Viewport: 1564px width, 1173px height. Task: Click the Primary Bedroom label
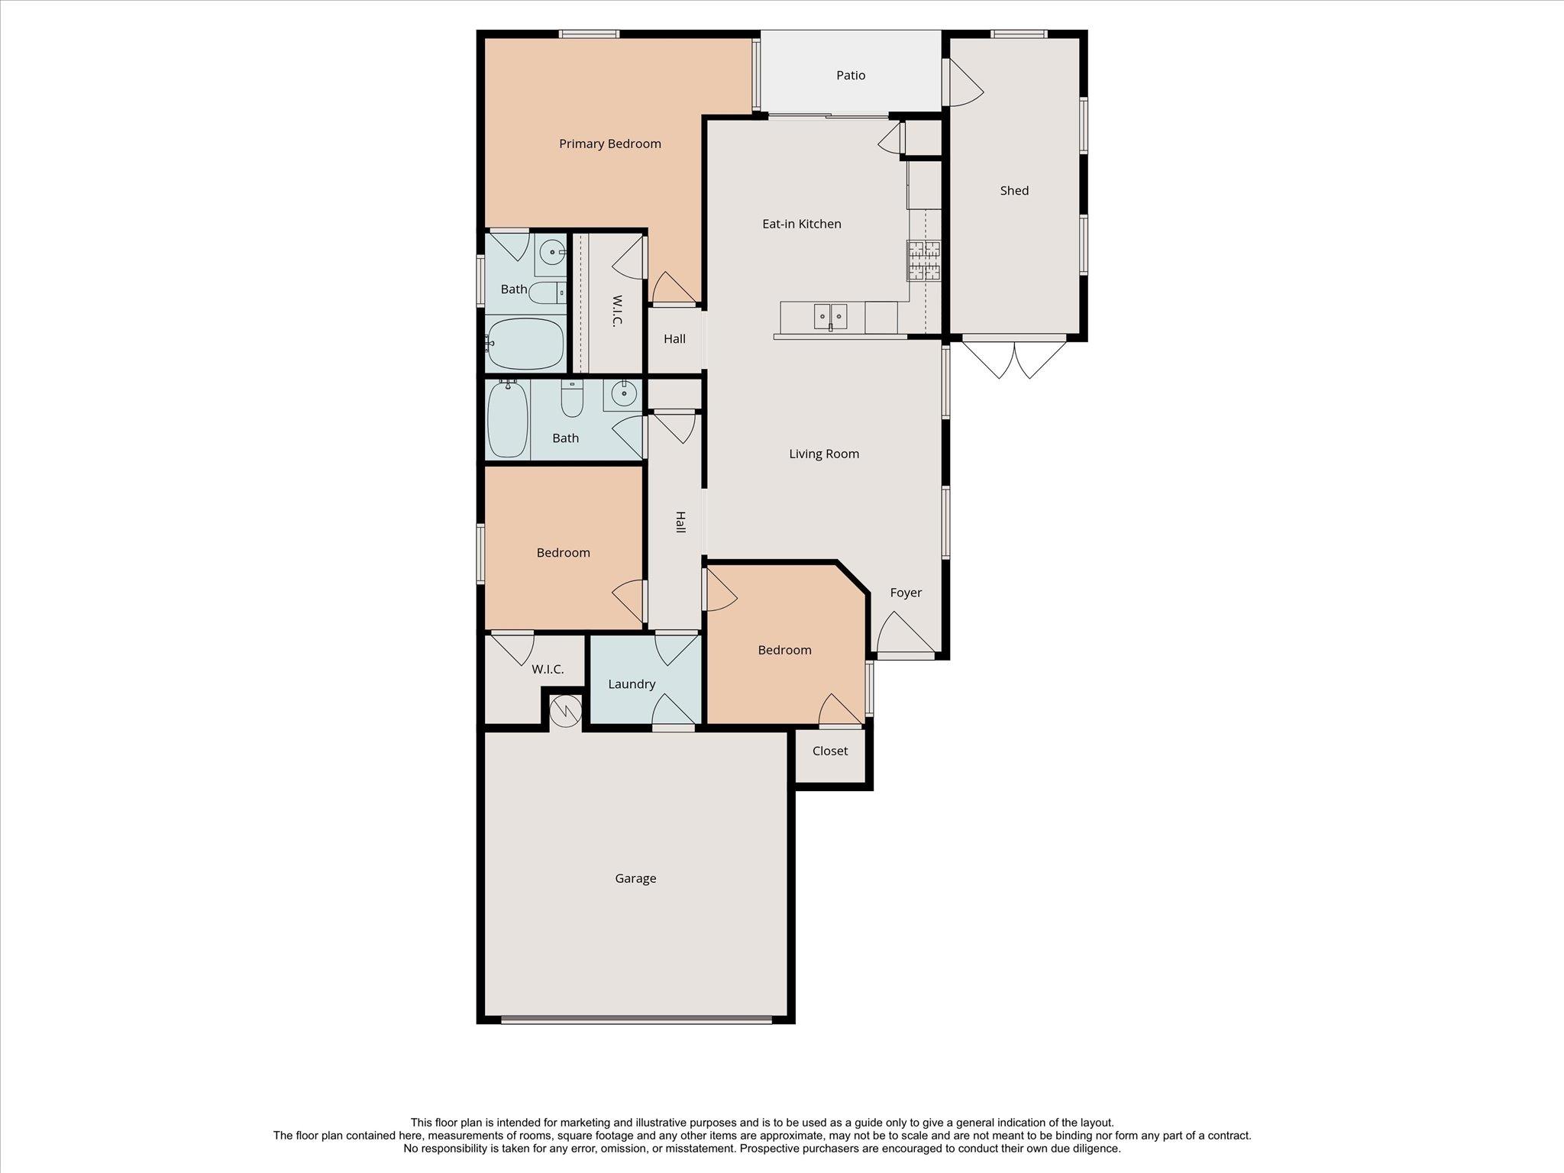click(609, 144)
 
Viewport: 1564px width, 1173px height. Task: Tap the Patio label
click(850, 75)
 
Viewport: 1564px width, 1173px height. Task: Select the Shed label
click(1013, 190)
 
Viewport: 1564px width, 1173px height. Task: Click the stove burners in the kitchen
click(923, 260)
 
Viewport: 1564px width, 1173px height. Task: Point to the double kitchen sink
click(829, 315)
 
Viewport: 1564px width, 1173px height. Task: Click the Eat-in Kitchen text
click(801, 224)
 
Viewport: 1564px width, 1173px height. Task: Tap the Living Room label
click(823, 454)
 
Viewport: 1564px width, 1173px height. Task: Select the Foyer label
click(905, 593)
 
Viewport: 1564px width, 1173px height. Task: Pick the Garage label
click(635, 878)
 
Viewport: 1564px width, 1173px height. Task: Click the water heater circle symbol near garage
click(566, 711)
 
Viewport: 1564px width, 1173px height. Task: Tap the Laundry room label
click(631, 684)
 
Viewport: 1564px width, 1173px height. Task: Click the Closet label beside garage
click(829, 751)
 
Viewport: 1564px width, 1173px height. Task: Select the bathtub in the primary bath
click(525, 343)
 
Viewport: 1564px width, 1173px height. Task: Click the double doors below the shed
click(1013, 357)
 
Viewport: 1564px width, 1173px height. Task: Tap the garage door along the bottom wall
click(636, 1018)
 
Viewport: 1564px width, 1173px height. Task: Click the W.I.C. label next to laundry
click(547, 669)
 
